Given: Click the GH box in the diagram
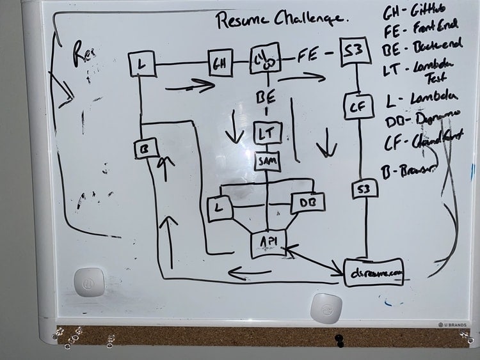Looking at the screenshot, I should (220, 62).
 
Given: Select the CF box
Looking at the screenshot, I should (357, 107).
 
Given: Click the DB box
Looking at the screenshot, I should (308, 203).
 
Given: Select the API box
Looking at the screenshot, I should (268, 241).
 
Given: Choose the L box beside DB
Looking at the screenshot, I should (220, 208).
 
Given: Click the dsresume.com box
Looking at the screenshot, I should (375, 272).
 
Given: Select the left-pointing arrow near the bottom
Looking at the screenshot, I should (250, 274).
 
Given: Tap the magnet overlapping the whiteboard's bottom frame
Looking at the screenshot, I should (326, 309).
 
